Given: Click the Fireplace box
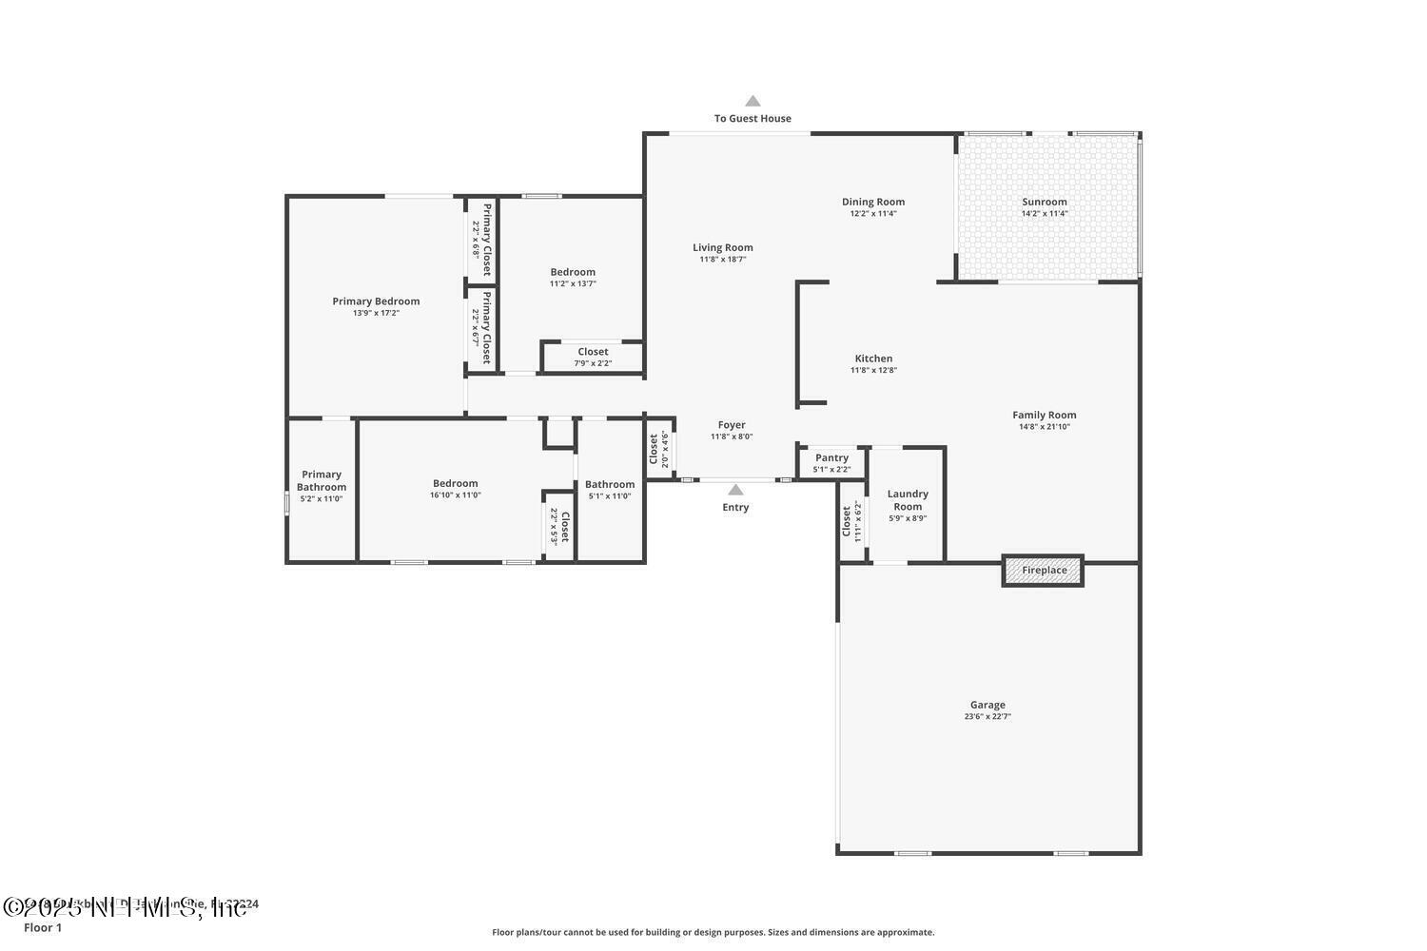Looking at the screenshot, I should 1044,571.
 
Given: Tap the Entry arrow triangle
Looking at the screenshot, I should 735,491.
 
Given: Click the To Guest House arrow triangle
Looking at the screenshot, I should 753,101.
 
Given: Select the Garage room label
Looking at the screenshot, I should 987,705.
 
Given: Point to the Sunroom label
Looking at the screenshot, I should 1045,202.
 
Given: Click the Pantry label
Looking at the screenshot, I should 831,457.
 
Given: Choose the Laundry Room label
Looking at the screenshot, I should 908,500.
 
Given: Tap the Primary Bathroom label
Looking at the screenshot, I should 322,480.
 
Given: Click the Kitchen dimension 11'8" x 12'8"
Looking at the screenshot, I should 873,371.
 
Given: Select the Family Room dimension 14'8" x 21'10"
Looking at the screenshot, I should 1045,427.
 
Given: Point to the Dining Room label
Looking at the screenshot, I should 873,202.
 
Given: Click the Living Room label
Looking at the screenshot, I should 723,247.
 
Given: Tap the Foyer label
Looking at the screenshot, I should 732,425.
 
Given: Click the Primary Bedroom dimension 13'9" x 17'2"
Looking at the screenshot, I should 376,313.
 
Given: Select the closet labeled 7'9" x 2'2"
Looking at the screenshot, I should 593,357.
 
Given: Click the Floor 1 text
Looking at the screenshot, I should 43,927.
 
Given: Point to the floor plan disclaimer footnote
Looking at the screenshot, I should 713,932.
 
